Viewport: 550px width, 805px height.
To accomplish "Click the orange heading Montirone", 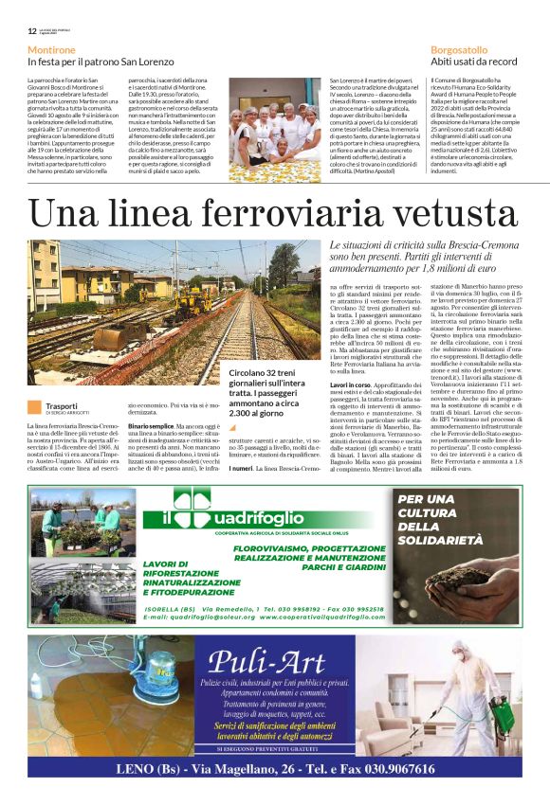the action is pyautogui.click(x=52, y=48).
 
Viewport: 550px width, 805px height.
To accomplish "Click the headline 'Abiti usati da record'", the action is pyautogui.click(x=474, y=61).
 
